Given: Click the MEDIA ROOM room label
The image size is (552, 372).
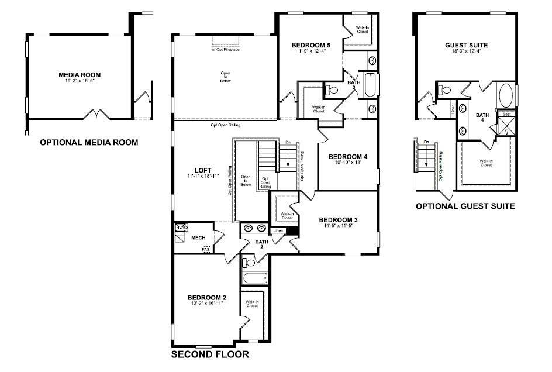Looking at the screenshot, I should [80, 75].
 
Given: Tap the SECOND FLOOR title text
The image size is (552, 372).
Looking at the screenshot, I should [210, 354].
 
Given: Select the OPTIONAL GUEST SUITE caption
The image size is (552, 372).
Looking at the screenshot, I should [465, 206].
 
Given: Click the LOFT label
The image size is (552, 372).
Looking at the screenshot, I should [203, 170].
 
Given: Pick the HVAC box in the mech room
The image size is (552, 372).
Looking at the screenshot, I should [181, 228].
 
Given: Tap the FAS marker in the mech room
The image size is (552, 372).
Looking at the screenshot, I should [206, 249].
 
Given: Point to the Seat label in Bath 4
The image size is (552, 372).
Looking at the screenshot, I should [506, 115].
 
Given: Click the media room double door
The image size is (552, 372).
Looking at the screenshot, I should [95, 113].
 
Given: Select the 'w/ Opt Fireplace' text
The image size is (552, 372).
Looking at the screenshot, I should [225, 49].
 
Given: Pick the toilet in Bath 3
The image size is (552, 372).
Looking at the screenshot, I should [331, 90].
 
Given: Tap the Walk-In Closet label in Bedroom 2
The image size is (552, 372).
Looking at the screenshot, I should [252, 304].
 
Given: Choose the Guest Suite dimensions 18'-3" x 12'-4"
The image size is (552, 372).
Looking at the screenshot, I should [466, 51].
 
